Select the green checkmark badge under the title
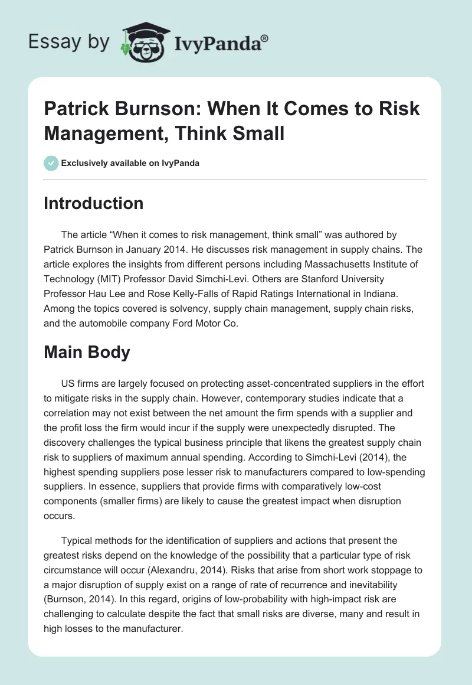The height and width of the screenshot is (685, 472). (51, 163)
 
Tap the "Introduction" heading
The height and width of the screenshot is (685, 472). (94, 204)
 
